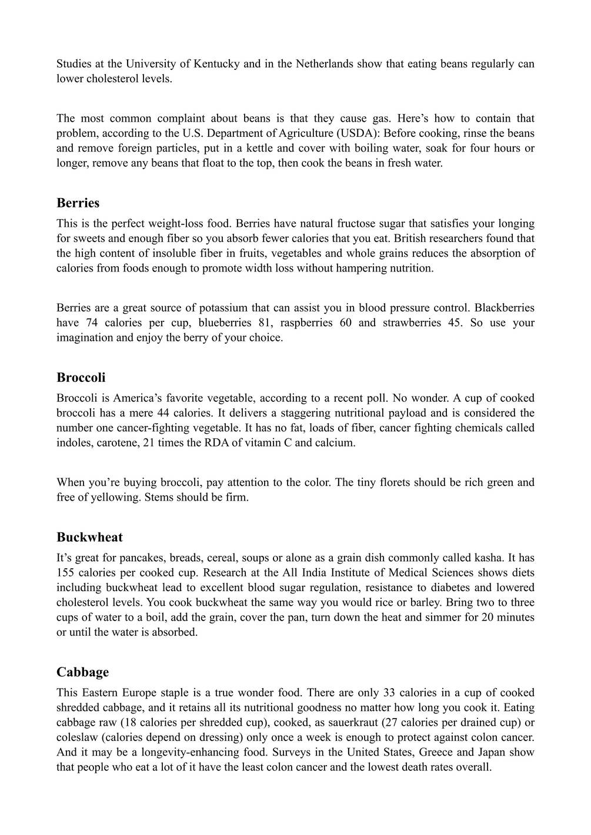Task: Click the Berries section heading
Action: (78, 203)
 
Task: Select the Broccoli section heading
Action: (81, 377)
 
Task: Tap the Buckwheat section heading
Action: (89, 537)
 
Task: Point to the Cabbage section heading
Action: (82, 672)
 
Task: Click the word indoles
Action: (72, 443)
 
